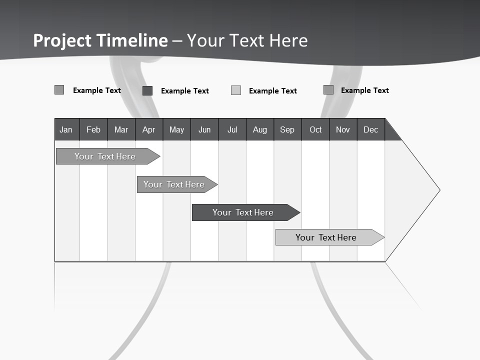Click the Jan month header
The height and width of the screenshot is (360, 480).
[66, 129]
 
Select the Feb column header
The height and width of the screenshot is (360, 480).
[93, 129]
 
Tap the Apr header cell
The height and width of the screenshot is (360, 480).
[148, 129]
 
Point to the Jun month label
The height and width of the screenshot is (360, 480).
[204, 129]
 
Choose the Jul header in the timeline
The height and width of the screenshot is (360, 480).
[232, 129]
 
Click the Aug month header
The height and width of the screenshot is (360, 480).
[259, 129]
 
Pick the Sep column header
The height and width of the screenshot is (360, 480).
[287, 129]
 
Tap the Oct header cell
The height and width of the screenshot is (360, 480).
[315, 129]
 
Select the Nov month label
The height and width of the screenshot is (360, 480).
[342, 129]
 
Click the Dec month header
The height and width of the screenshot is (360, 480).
[370, 129]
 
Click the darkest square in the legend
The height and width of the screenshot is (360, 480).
[147, 90]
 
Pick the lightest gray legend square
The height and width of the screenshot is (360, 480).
[236, 90]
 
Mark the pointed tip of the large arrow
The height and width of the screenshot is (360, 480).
[439, 190]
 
